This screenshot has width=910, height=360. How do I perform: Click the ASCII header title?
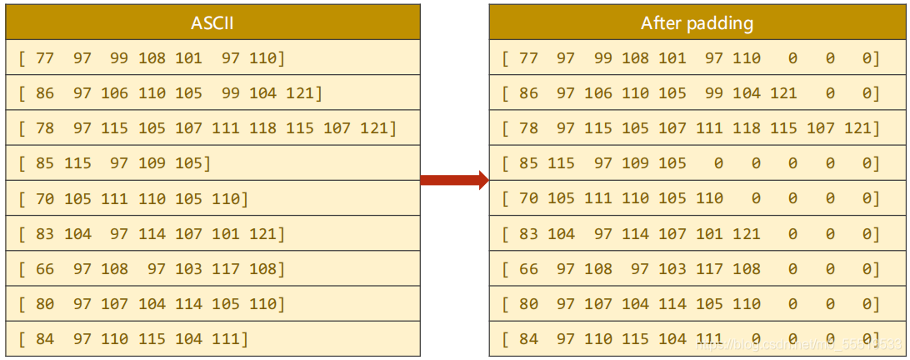tap(212, 22)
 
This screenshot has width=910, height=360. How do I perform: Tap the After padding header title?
tap(697, 22)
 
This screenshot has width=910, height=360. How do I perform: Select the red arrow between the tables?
tap(454, 180)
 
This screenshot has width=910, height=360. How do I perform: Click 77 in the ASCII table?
tap(45, 58)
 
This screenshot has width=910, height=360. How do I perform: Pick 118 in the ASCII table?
tap(262, 128)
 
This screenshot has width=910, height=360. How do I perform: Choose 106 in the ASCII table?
tap(115, 93)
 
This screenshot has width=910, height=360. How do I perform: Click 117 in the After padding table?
tap(709, 269)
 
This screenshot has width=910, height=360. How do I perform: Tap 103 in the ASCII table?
tap(188, 269)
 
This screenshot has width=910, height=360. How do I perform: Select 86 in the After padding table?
tap(529, 93)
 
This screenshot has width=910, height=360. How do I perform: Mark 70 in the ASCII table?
tap(45, 199)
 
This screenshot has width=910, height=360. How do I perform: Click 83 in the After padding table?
tap(529, 234)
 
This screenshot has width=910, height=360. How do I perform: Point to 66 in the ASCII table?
tap(45, 269)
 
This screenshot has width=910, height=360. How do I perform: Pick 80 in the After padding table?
tap(529, 304)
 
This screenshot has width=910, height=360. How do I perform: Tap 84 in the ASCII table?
tap(45, 339)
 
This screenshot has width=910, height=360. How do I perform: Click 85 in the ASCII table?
tap(45, 163)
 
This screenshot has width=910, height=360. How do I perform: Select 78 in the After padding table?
tap(529, 128)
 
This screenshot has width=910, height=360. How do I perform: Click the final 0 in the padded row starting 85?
tap(867, 163)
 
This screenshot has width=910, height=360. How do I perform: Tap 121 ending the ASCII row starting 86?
tap(300, 93)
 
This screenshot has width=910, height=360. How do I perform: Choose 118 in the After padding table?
tap(747, 128)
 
